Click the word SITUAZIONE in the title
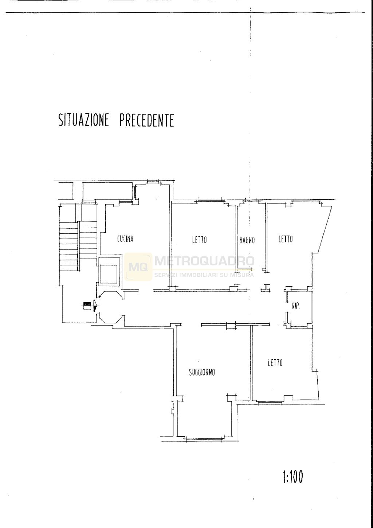(84, 120)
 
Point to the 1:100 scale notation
(292, 477)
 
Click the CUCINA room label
(125, 239)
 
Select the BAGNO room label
(247, 240)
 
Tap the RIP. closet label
(295, 307)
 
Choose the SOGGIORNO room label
(202, 372)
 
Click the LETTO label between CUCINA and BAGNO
(199, 240)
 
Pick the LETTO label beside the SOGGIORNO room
(275, 363)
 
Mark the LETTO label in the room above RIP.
(286, 239)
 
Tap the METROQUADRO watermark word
(204, 261)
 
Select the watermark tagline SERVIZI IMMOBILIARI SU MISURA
(204, 275)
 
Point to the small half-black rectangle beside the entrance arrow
(87, 305)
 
